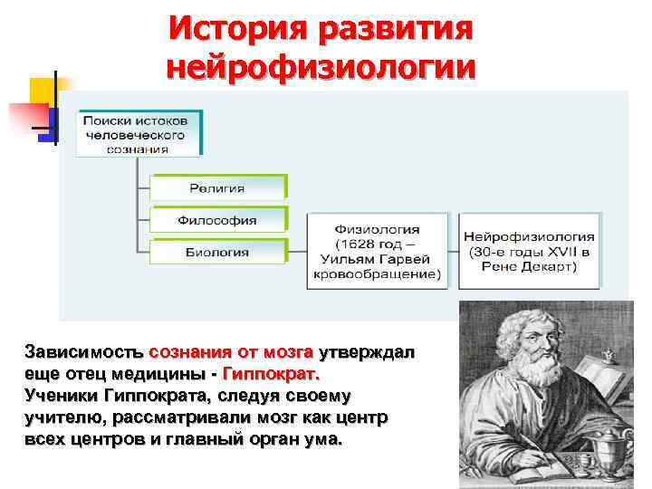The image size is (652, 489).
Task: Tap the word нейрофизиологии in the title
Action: coord(321,68)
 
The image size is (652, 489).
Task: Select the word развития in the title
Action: coord(395,30)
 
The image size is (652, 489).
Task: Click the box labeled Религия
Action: coord(217,187)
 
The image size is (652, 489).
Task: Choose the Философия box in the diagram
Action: coord(217,219)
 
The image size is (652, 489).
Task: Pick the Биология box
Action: coord(217,252)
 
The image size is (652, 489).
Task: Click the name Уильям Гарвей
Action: coord(377,259)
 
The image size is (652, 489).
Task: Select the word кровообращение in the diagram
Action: coord(377,273)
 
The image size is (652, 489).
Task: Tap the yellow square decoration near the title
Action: coord(43,91)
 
